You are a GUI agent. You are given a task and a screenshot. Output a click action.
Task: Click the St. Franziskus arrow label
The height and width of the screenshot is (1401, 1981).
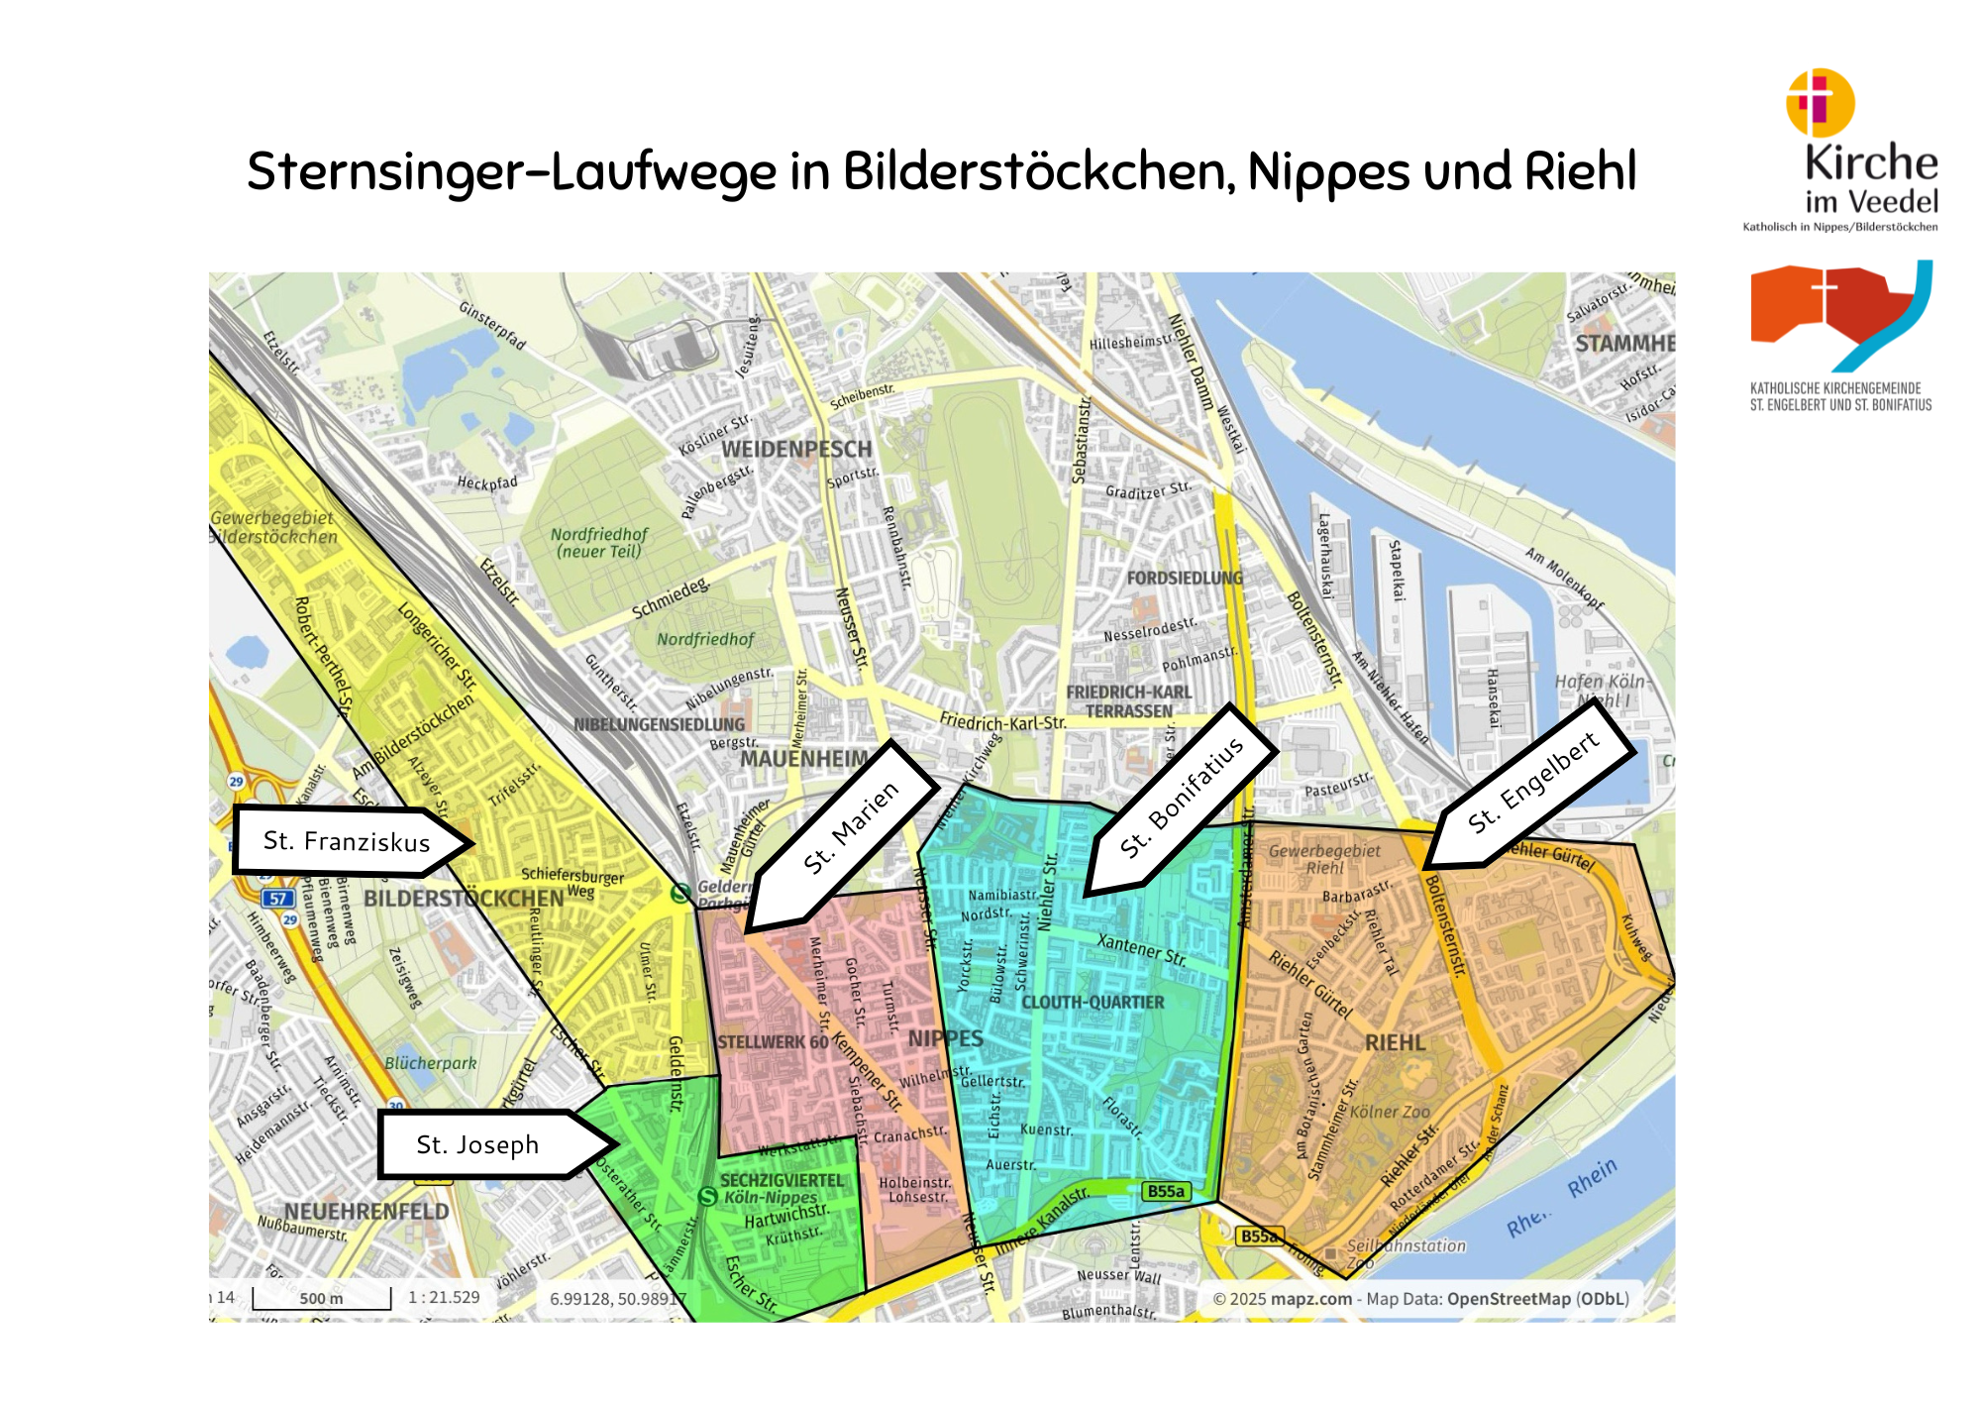click(x=347, y=841)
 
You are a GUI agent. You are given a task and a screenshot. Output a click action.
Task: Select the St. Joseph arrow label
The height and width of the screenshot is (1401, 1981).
click(x=478, y=1144)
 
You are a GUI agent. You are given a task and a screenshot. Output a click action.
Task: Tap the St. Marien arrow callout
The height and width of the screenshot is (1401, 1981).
click(x=850, y=828)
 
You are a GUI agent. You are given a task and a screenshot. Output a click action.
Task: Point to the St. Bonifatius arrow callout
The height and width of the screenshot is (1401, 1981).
click(x=1181, y=799)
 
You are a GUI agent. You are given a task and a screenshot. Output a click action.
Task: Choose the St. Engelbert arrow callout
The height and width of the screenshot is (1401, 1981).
click(x=1532, y=784)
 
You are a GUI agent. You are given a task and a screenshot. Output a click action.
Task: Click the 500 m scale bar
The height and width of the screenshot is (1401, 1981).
click(x=322, y=1298)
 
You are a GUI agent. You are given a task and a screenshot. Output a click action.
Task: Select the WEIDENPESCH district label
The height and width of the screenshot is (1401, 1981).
click(x=796, y=449)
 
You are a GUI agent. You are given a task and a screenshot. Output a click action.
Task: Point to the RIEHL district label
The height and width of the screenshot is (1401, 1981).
click(x=1395, y=1042)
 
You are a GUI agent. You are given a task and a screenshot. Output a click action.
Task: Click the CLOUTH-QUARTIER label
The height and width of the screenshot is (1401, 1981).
click(x=1093, y=1002)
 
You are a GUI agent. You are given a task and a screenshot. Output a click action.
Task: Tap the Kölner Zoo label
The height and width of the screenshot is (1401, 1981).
click(x=1390, y=1112)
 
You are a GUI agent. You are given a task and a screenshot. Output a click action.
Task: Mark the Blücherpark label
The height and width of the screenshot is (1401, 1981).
click(x=431, y=1063)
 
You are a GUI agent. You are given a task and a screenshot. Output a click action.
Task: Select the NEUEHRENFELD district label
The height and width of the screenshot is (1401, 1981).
click(x=366, y=1211)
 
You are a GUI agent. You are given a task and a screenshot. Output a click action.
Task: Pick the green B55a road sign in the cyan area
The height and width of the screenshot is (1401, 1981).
click(x=1166, y=1191)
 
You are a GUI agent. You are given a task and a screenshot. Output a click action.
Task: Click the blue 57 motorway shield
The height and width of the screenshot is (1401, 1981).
click(x=278, y=899)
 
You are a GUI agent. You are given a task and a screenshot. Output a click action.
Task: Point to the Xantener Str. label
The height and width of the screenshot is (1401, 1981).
click(x=1141, y=949)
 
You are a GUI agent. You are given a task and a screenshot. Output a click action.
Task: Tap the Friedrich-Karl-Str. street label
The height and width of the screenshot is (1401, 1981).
click(x=1002, y=721)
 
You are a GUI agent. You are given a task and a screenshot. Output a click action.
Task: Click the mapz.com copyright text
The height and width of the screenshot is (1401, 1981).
click(x=1310, y=1299)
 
